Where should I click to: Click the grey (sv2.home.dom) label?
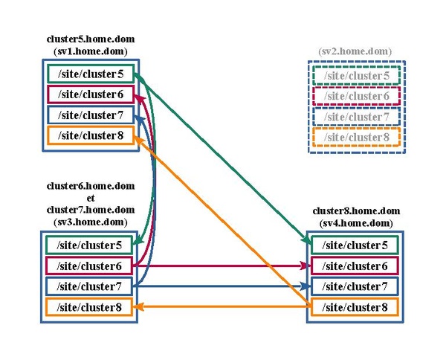pyautogui.click(x=355, y=51)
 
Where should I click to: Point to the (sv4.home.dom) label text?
pyautogui.click(x=356, y=223)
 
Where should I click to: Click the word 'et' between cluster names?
pyautogui.click(x=91, y=198)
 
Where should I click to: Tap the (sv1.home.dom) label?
pyautogui.click(x=91, y=51)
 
